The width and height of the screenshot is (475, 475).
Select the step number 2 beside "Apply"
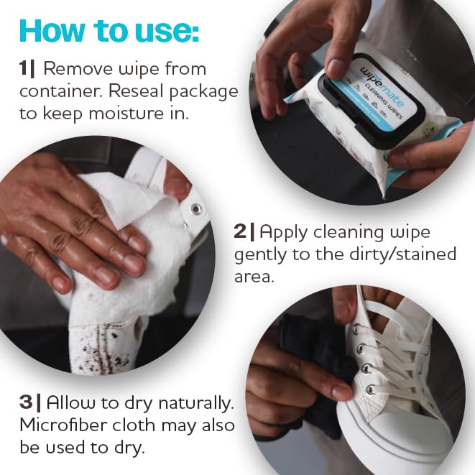(x=241, y=232)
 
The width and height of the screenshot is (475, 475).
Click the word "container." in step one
(x=55, y=92)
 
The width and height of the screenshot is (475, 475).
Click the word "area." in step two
(x=254, y=277)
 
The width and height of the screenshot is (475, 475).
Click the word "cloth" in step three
(x=140, y=424)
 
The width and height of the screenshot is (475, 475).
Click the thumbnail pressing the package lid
(x=336, y=68)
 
